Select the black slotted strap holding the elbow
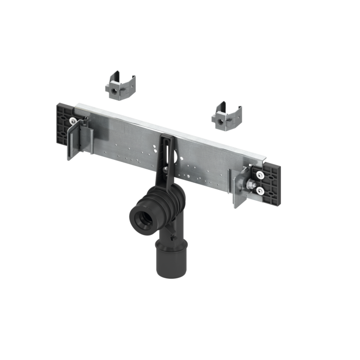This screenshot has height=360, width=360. click(166, 154)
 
